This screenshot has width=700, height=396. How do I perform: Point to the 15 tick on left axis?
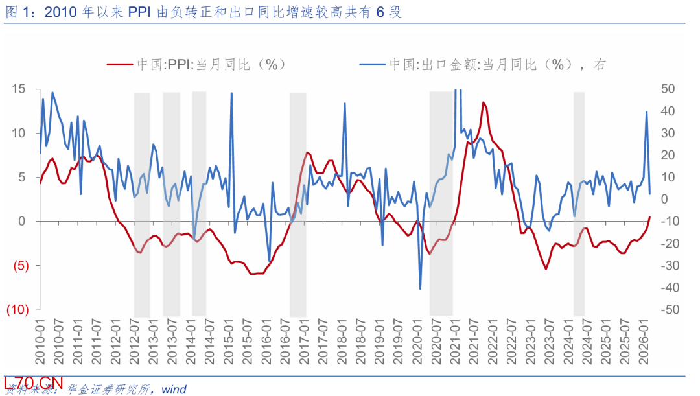click(x=19, y=89)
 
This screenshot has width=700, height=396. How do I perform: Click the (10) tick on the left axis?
click(x=17, y=310)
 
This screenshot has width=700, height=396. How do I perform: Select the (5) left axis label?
click(x=19, y=266)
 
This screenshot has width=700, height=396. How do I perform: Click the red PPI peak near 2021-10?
click(x=484, y=103)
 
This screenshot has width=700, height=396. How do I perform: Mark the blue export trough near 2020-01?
click(x=420, y=288)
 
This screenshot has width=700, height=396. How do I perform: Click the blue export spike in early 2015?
click(x=232, y=94)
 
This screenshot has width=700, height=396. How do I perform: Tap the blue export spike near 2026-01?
click(x=646, y=113)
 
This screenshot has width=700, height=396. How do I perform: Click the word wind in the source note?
click(x=174, y=390)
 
